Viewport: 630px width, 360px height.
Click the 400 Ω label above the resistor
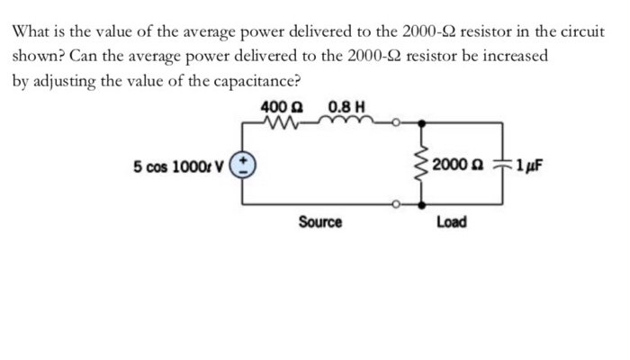281,108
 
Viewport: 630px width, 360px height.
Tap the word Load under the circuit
451,221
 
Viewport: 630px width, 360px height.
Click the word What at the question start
31,31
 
